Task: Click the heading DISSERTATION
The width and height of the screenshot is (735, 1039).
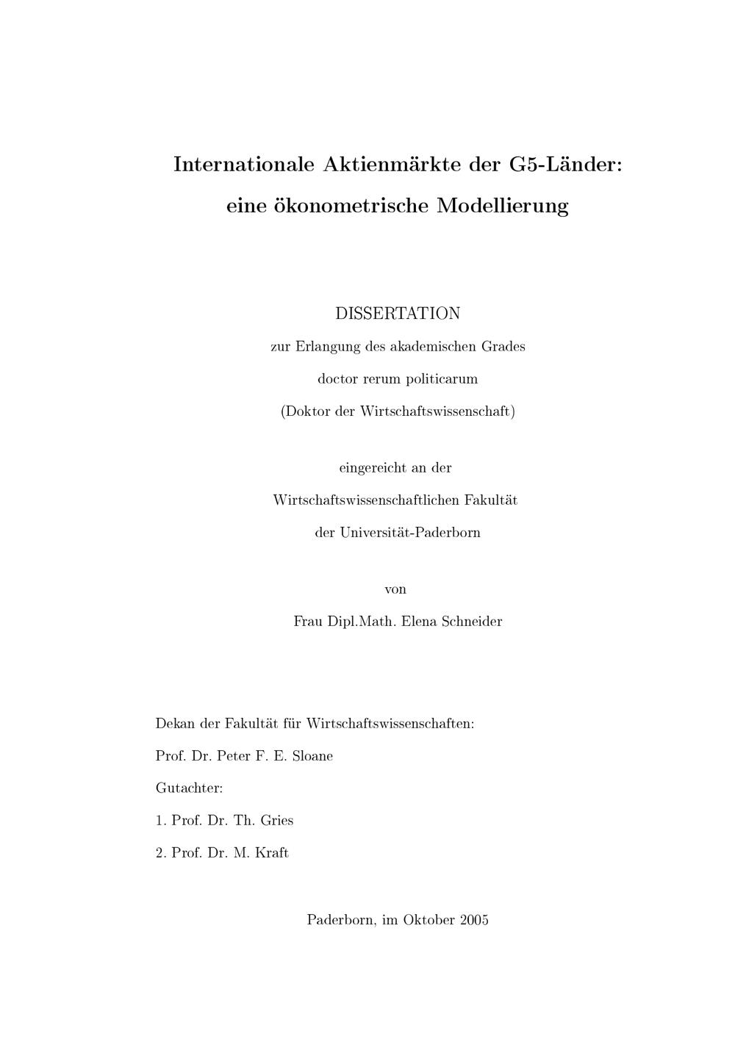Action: click(398, 313)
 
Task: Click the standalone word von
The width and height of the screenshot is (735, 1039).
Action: click(395, 589)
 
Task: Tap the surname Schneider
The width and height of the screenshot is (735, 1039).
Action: click(472, 622)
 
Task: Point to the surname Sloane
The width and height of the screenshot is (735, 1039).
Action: click(312, 756)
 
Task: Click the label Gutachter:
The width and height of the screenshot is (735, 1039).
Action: click(189, 788)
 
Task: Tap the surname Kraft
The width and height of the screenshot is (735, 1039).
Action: click(272, 853)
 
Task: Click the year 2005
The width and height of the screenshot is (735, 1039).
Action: click(474, 920)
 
